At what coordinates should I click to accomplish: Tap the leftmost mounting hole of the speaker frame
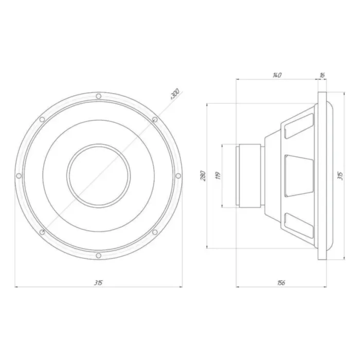tap(19, 176)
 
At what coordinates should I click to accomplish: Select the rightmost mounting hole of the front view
tap(178, 176)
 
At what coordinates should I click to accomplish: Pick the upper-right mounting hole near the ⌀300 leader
tap(155, 120)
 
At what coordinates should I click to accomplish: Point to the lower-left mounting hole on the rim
tap(42, 232)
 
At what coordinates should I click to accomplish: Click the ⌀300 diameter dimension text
tap(174, 94)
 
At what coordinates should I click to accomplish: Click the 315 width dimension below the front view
tap(98, 283)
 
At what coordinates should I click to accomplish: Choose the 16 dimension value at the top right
tap(322, 76)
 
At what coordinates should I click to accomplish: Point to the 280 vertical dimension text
tap(203, 176)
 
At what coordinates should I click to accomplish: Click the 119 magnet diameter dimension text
tap(218, 176)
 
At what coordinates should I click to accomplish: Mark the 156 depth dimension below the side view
tap(281, 283)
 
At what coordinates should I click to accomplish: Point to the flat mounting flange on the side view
tap(322, 176)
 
